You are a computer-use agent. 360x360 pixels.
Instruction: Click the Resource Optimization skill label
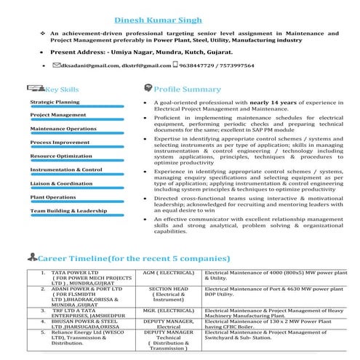61,156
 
